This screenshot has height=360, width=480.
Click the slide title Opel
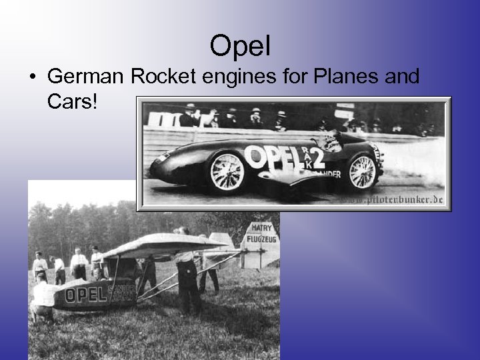coord(240,45)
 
